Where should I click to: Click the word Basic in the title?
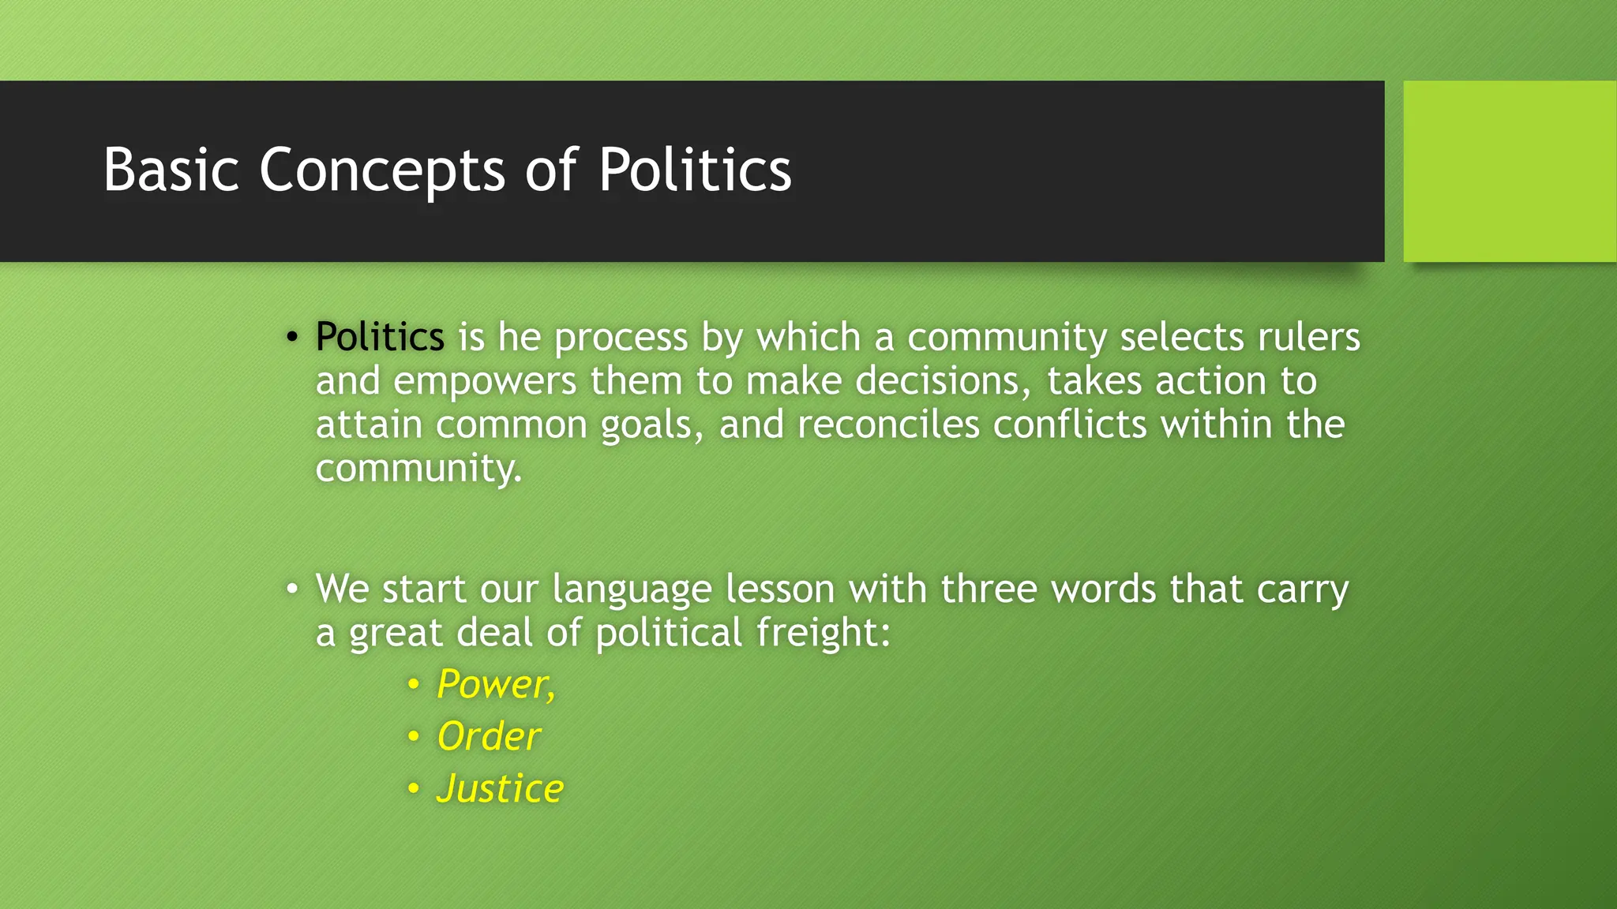coord(171,170)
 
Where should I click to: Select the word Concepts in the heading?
coord(382,171)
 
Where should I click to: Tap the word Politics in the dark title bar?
coord(695,170)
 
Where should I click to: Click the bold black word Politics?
coord(380,338)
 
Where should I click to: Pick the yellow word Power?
coord(494,684)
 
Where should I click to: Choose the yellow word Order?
coord(489,737)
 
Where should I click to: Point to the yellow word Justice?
coord(501,789)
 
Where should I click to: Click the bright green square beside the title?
coord(1510,171)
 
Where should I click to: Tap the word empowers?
coord(485,382)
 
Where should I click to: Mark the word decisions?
coord(943,382)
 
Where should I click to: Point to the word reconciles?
coord(887,425)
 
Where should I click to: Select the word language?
coord(632,590)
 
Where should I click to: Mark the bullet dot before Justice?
coord(413,788)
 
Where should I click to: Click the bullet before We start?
coord(292,589)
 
